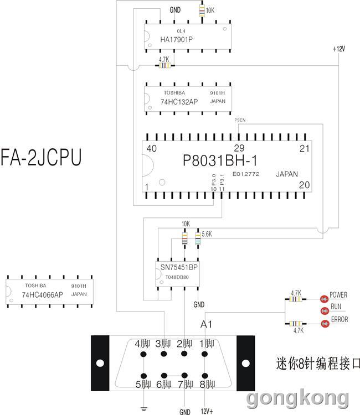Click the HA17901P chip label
tap(177, 39)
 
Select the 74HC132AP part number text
tap(179, 102)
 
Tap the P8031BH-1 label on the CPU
tap(220, 160)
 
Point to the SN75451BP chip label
tap(179, 267)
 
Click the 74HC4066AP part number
tap(43, 294)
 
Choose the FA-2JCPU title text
tap(41, 157)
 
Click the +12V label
tap(339, 49)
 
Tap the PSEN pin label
tap(240, 120)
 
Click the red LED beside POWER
tap(324, 299)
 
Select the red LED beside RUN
tap(325, 311)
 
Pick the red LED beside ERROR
tap(325, 324)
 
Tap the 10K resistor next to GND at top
tap(202, 11)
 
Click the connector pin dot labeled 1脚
tap(204, 354)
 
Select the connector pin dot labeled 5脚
tap(143, 376)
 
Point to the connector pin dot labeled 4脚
tap(143, 354)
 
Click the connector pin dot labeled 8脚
tap(204, 376)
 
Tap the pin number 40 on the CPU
tap(152, 148)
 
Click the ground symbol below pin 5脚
tap(143, 409)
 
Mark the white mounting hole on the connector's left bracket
tap(100, 363)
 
